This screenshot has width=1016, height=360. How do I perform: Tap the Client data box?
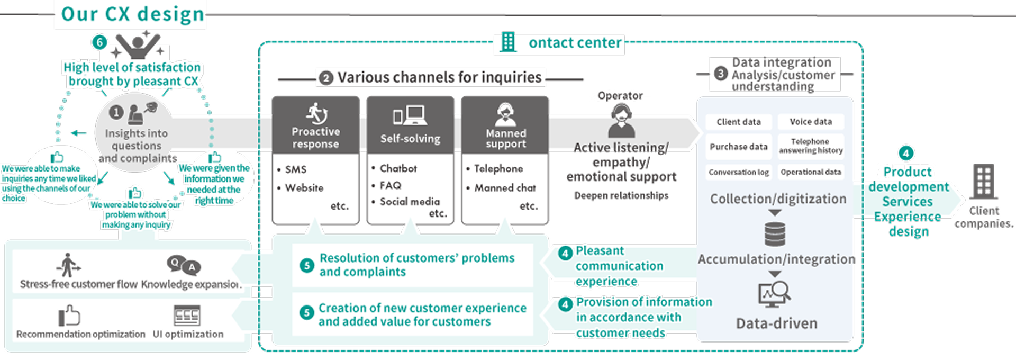pos(738,122)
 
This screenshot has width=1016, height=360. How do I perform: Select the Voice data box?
pos(811,122)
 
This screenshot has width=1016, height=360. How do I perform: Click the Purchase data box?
pos(738,147)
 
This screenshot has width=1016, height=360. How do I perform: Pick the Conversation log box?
pos(738,172)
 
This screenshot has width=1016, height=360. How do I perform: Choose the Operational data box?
pos(811,172)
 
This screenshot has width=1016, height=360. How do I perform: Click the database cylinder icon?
pos(775,234)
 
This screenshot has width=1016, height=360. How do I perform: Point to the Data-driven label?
pos(776,323)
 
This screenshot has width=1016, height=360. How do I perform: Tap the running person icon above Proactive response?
pos(316,113)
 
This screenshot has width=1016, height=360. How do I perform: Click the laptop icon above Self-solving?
pos(410,115)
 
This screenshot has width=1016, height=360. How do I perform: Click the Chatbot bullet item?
pos(398,168)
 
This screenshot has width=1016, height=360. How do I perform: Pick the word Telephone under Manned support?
pos(498,168)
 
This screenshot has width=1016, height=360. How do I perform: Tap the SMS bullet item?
pos(295,169)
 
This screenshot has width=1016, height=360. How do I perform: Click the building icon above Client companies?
pos(984,182)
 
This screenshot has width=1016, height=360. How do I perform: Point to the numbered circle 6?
pos(99,42)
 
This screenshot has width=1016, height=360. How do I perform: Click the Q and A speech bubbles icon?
pos(184,265)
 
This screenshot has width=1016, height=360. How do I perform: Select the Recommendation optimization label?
pos(80,334)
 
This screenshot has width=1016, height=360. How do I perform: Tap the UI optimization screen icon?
pos(187,316)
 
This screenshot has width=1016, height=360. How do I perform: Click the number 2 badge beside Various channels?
pos(325,78)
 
